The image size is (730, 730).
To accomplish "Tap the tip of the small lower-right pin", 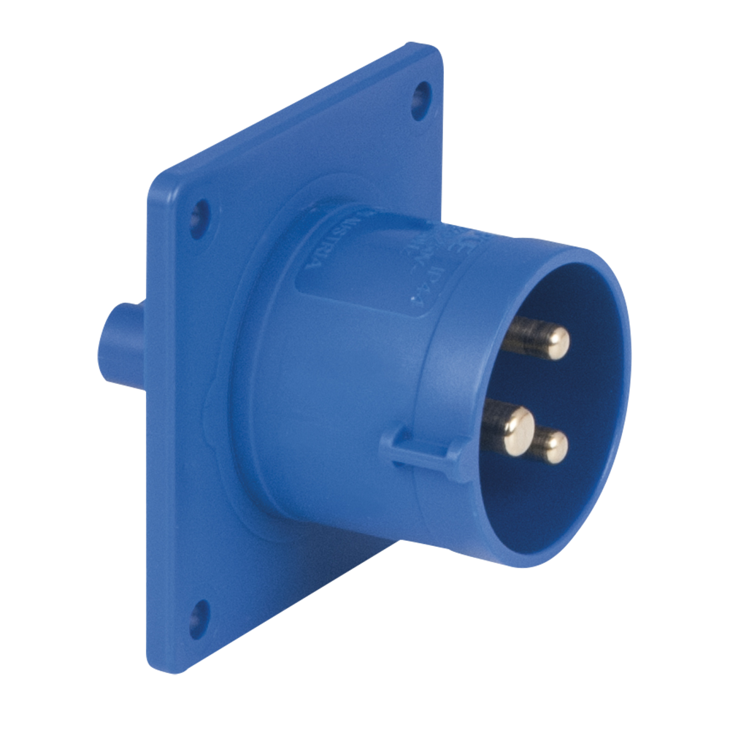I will (x=556, y=447).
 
